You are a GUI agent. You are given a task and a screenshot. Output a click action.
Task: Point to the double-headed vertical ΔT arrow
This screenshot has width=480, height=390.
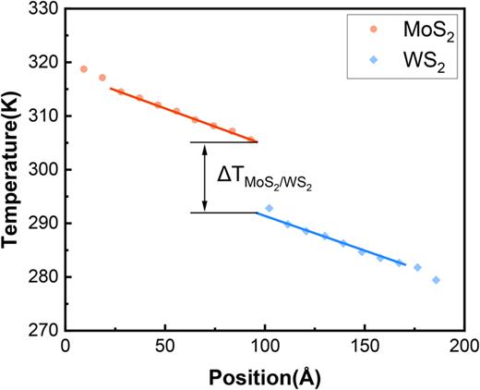point(206,177)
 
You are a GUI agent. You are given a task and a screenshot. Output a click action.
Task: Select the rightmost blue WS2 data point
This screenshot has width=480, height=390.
point(436,280)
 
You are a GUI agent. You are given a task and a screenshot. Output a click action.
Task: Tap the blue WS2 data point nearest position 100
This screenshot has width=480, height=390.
point(270,209)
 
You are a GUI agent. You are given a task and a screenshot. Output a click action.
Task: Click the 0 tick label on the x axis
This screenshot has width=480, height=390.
point(65,347)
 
